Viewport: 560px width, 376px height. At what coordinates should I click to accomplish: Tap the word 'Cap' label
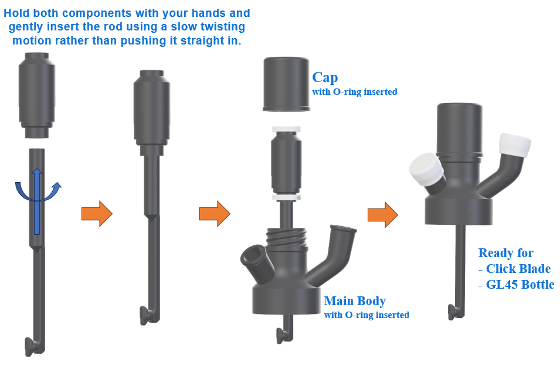pyautogui.click(x=325, y=78)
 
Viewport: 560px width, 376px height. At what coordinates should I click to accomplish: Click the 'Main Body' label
pyautogui.click(x=355, y=300)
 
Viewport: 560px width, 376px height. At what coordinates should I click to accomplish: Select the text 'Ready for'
pyautogui.click(x=505, y=252)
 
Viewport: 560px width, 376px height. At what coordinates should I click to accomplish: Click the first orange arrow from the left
pyautogui.click(x=97, y=214)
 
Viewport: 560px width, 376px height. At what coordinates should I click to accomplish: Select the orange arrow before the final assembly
pyautogui.click(x=383, y=214)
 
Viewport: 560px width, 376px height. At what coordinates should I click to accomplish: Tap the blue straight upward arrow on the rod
pyautogui.click(x=37, y=201)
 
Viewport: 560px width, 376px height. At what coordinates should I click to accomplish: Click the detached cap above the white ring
pyautogui.click(x=286, y=84)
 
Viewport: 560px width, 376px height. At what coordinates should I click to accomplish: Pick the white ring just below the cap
pyautogui.click(x=286, y=129)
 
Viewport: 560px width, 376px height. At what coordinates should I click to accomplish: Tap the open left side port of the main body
pyautogui.click(x=253, y=259)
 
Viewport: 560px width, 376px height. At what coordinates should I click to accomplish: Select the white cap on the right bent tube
pyautogui.click(x=515, y=145)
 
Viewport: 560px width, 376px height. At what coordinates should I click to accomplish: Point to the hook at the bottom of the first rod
pyautogui.click(x=33, y=346)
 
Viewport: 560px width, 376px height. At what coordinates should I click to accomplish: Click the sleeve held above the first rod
pyautogui.click(x=37, y=95)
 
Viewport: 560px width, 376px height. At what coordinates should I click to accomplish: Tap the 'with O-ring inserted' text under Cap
pyautogui.click(x=355, y=92)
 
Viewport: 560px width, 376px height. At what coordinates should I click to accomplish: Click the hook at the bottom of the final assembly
pyautogui.click(x=456, y=312)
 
